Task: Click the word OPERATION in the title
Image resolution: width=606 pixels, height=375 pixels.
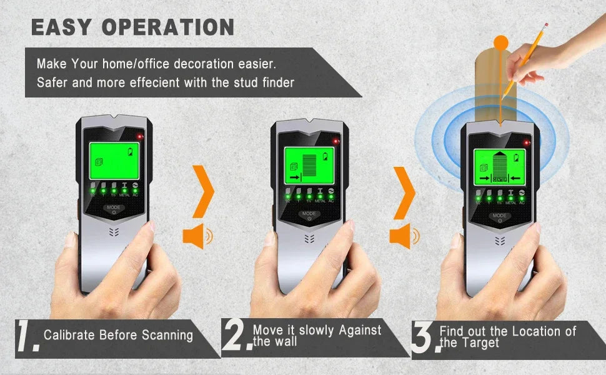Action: pos(169,27)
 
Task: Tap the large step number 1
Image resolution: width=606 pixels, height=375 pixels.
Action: pos(27,337)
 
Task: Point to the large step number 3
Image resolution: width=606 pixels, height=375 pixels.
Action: pos(424,337)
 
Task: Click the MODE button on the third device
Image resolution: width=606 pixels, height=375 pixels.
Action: pos(499,217)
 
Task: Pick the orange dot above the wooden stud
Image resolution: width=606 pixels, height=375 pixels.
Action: pos(501,43)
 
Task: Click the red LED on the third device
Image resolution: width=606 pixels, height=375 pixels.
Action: pos(527,143)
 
